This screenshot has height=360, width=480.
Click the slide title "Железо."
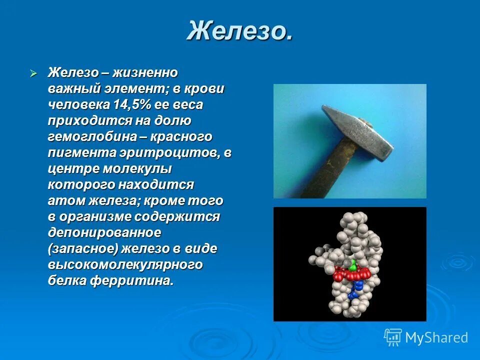239,31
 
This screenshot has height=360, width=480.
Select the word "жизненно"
145,73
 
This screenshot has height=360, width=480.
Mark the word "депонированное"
104,233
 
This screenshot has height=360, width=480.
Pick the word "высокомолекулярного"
125,265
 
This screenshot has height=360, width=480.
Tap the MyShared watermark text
436,338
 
